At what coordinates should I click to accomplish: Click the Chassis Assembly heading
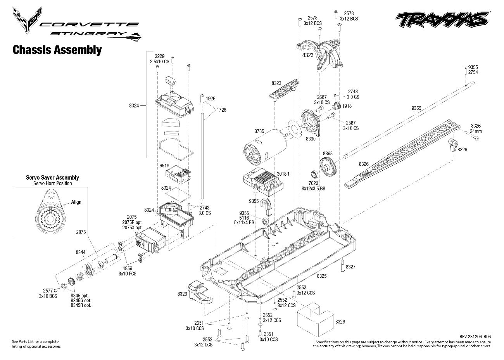click(57, 50)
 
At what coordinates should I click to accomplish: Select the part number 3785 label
click(259, 132)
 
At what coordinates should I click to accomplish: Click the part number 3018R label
click(283, 174)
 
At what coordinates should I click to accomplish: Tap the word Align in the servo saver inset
click(76, 202)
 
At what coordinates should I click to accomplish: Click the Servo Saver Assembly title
click(52, 178)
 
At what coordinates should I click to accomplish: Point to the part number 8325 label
click(322, 276)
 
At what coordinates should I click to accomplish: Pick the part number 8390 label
click(311, 138)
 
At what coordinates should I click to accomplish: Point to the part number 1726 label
click(221, 110)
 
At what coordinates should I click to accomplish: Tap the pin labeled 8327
click(343, 267)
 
